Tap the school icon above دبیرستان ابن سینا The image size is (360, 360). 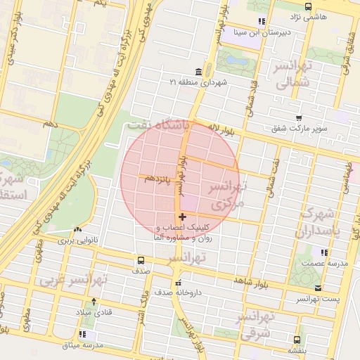point(262,21)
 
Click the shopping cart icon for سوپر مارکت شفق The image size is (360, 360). point(300,118)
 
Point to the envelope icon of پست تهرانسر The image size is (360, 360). point(318,288)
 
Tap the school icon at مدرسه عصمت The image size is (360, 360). point(323,252)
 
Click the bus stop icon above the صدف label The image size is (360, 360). point(141,260)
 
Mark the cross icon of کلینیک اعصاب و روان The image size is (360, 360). point(183,217)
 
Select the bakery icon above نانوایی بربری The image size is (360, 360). point(77,229)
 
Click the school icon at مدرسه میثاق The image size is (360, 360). point(84,335)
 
